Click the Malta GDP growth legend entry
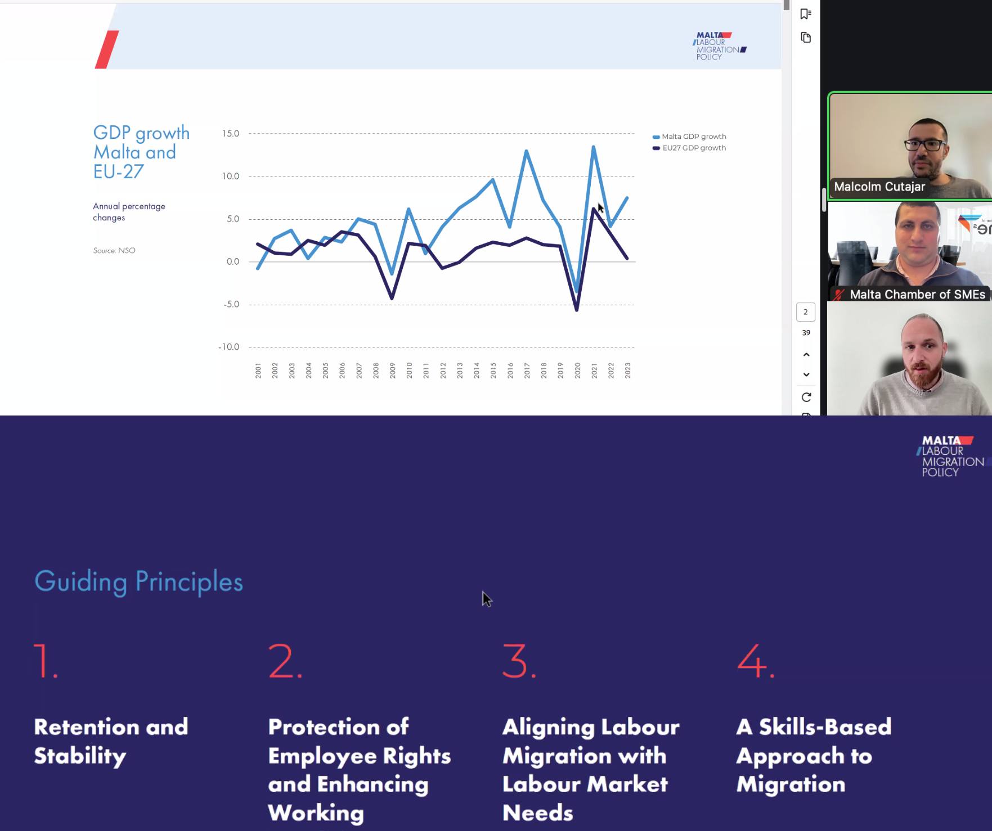click(x=689, y=137)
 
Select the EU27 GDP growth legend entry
click(x=689, y=148)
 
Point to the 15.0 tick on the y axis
click(x=231, y=134)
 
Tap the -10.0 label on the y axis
click(x=229, y=347)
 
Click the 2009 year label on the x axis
click(x=392, y=370)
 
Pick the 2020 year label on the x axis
click(x=577, y=370)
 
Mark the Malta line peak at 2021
click(x=594, y=147)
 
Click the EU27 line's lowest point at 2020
click(x=577, y=310)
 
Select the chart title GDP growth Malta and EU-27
click(x=141, y=152)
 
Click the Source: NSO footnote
click(x=114, y=251)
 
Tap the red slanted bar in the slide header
click(x=107, y=49)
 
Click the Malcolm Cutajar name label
click(x=879, y=187)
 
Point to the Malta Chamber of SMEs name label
click(x=918, y=294)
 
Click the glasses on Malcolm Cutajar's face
click(x=926, y=144)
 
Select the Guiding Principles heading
click(x=139, y=582)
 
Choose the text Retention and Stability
click(x=111, y=742)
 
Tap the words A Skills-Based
click(x=814, y=727)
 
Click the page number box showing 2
click(x=806, y=312)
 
